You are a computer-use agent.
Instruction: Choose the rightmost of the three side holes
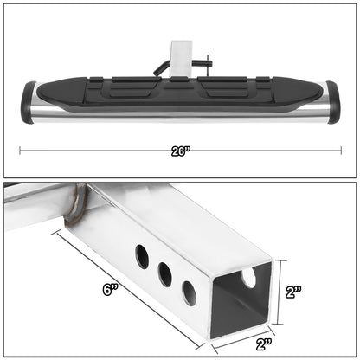click(x=188, y=292)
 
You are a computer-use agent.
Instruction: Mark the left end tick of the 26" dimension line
click(x=20, y=150)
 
